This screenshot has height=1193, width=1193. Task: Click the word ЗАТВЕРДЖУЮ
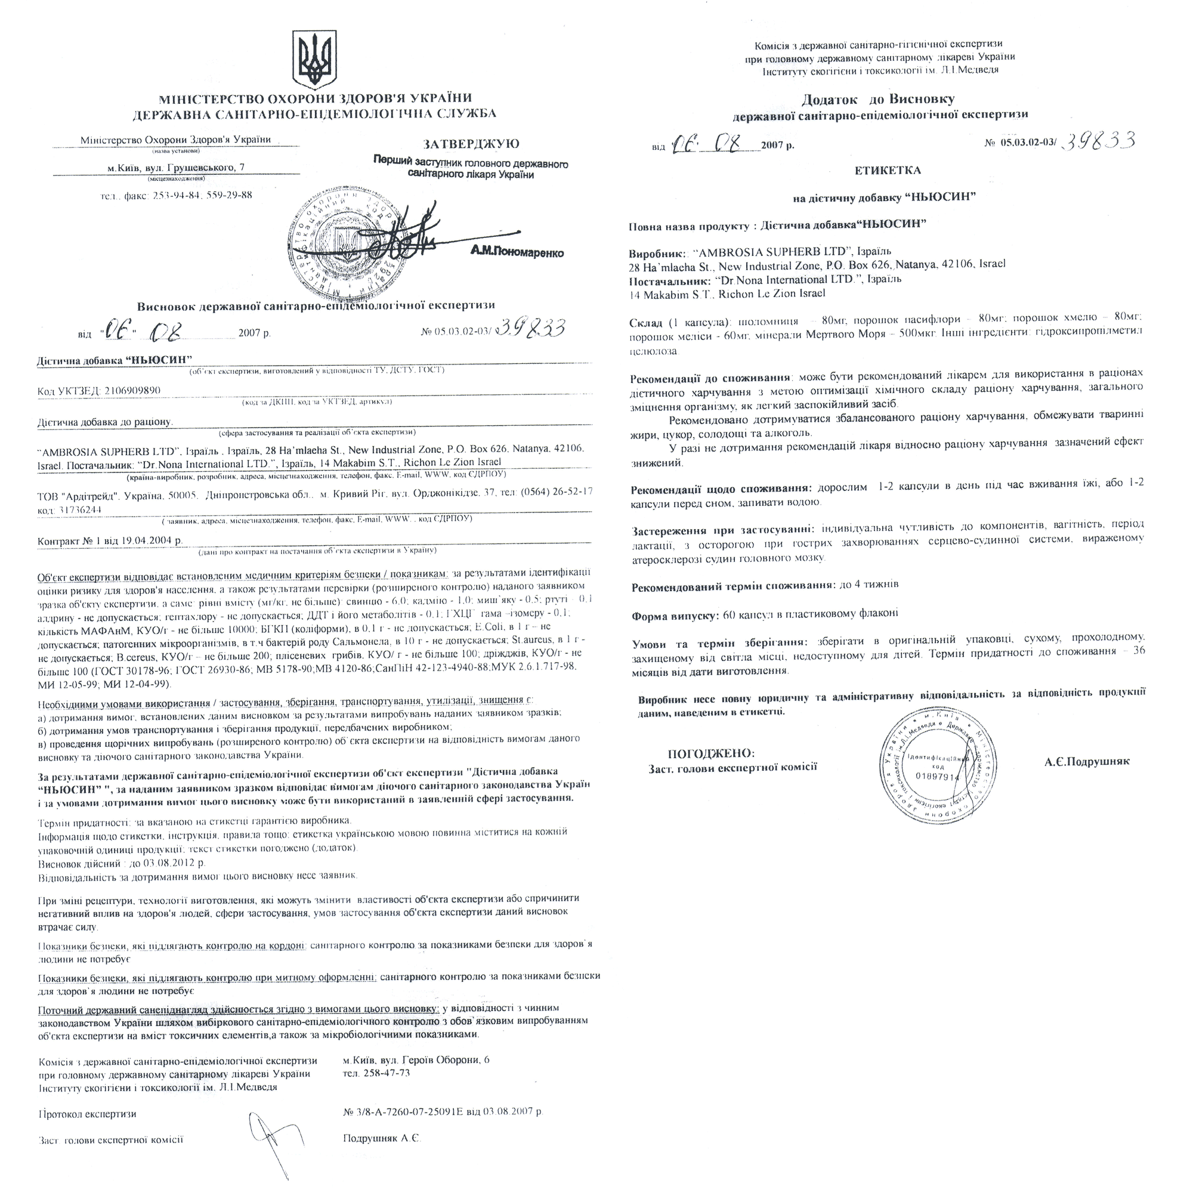(x=471, y=144)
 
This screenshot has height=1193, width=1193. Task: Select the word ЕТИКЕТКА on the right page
(x=888, y=171)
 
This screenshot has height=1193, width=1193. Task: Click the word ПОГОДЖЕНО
(x=711, y=753)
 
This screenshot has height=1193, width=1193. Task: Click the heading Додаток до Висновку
(x=878, y=100)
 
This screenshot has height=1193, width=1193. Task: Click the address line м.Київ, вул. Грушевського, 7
(x=175, y=168)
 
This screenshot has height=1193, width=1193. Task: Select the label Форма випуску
(x=674, y=616)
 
